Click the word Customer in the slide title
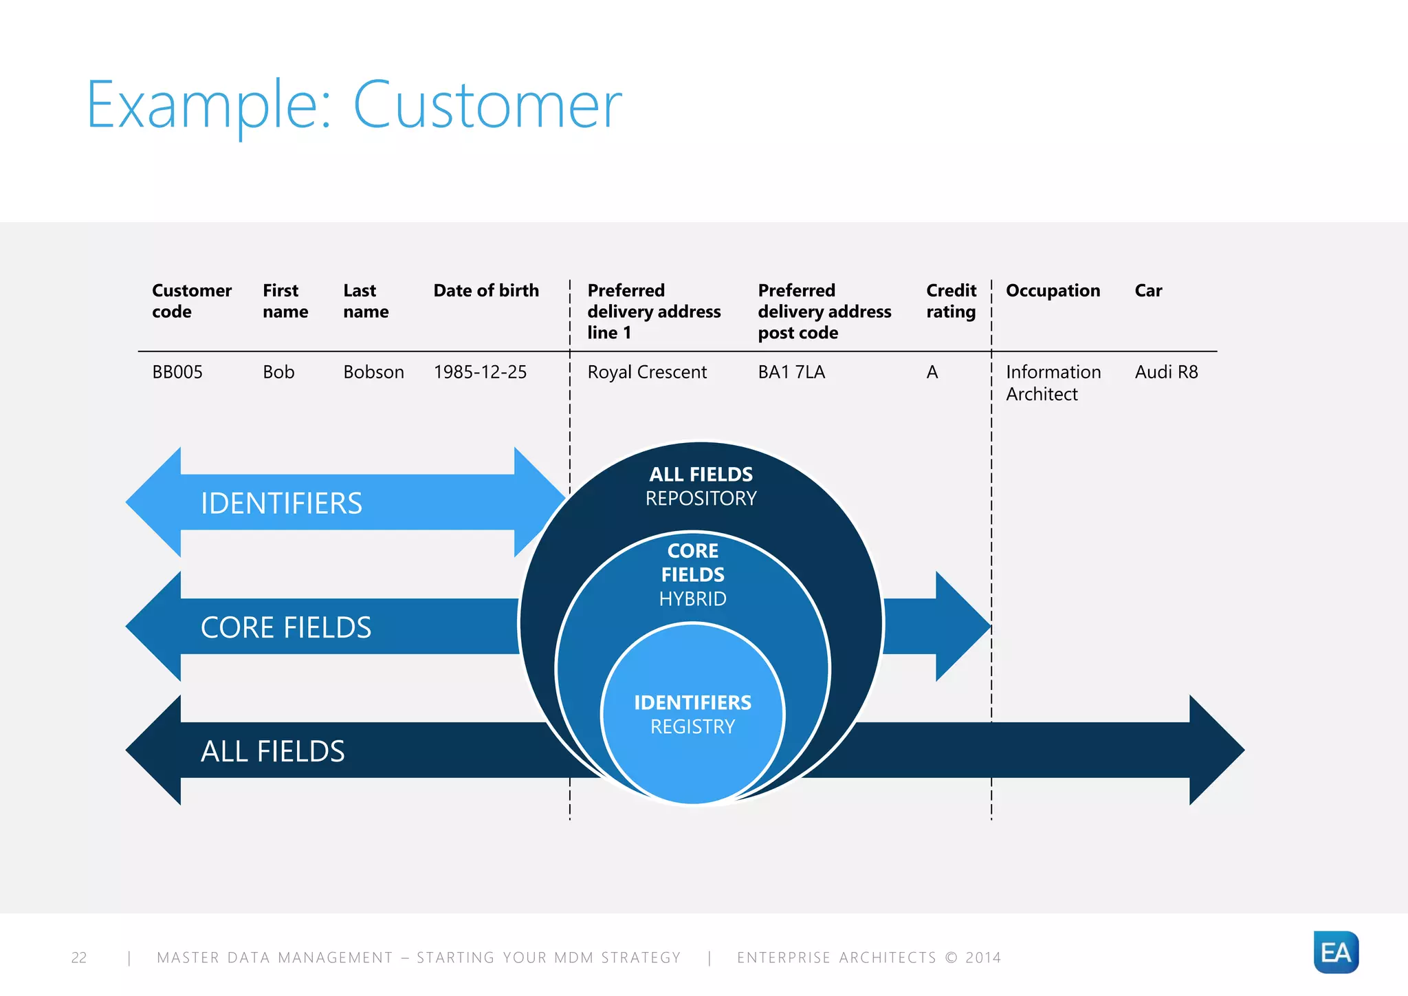[487, 105]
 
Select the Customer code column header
[191, 301]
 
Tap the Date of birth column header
[485, 290]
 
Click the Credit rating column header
[951, 301]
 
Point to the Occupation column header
[1053, 290]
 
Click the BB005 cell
[177, 372]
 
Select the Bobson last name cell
[373, 372]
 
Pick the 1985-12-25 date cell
[480, 372]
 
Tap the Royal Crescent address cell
[647, 372]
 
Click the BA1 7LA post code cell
[791, 372]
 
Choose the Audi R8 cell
[1166, 372]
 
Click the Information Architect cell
[1053, 383]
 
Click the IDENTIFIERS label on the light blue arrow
[281, 504]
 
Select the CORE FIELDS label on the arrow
[286, 627]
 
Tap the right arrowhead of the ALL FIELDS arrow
[1216, 750]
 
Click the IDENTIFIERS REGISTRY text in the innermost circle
[692, 714]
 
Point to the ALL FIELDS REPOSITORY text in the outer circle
[701, 486]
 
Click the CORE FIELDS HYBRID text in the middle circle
[692, 574]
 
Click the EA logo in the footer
[1335, 952]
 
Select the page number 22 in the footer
[79, 957]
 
